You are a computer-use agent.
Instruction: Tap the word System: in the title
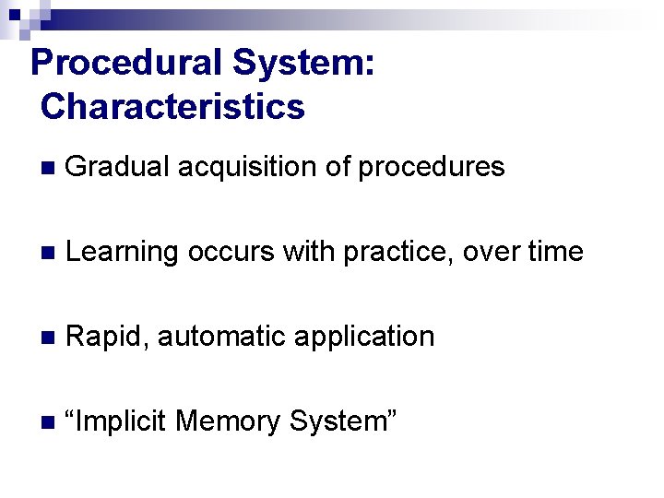[x=303, y=64]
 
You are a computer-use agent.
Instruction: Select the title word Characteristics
[x=172, y=107]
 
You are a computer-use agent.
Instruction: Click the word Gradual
[x=118, y=167]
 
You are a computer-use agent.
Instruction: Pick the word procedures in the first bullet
[x=431, y=167]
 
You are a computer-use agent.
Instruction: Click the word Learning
[x=124, y=252]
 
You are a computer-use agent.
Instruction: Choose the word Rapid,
[x=108, y=337]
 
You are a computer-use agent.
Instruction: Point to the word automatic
[x=222, y=337]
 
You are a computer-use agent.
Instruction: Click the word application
[x=364, y=337]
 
